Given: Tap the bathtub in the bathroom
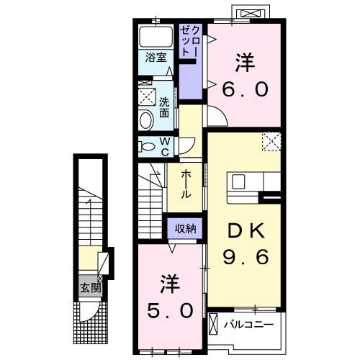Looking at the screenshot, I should point(152,37).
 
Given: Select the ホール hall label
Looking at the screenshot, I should point(185,184).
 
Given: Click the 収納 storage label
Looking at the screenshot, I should point(185,228).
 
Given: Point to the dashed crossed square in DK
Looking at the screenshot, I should point(271,142).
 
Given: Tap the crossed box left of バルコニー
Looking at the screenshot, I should point(214,325).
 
